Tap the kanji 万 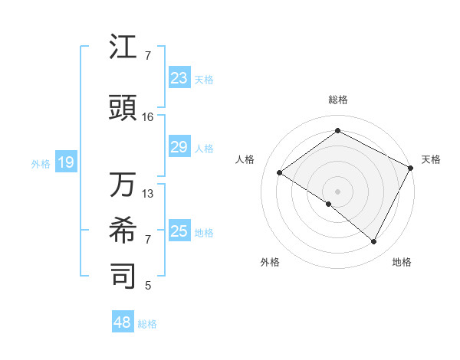(123, 185)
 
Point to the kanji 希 (123, 229)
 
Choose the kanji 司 (123, 274)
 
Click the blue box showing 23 (179, 78)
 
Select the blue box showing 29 (179, 147)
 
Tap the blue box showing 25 (179, 231)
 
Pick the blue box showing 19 (65, 162)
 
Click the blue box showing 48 (123, 322)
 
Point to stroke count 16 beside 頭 (148, 117)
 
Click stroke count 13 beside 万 (148, 194)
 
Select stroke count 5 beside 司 (148, 286)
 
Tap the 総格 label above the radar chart (337, 100)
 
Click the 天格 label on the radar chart (431, 159)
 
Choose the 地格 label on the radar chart (402, 262)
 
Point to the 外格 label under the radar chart (270, 262)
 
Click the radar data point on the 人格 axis (280, 173)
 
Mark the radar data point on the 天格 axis (411, 168)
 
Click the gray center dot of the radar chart (337, 191)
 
